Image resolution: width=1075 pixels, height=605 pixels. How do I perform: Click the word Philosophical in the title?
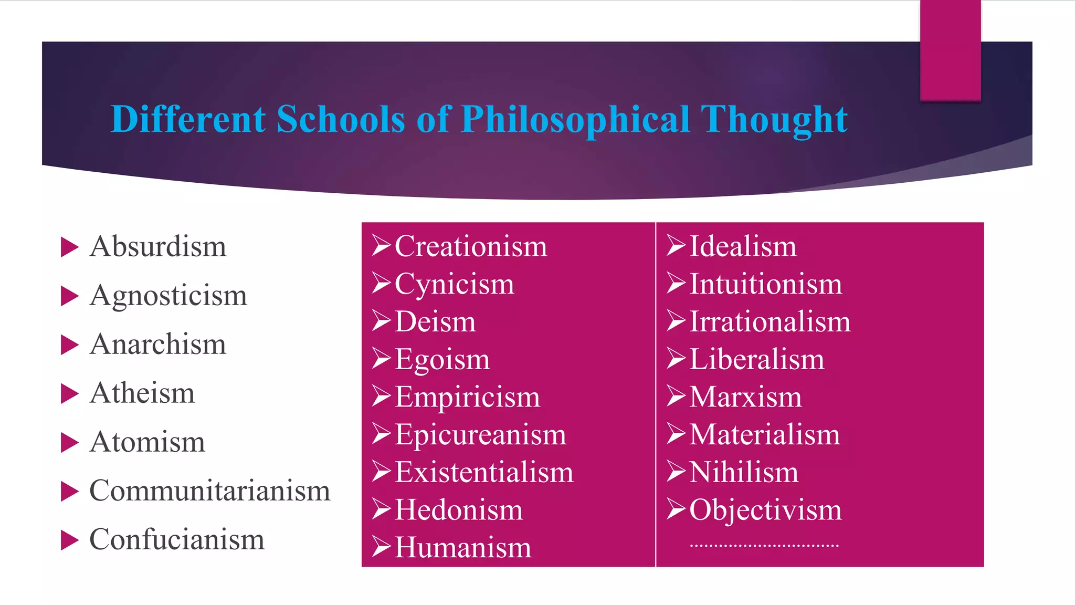pos(575,119)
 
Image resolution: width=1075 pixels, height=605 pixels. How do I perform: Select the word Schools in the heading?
pos(341,119)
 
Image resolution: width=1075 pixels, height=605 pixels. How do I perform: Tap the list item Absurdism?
pos(158,246)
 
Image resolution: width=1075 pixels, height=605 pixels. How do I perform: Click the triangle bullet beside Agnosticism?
pos(69,296)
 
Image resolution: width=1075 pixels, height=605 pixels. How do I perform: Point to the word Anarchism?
pos(158,345)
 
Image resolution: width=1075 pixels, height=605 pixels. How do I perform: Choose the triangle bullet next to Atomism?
pos(69,443)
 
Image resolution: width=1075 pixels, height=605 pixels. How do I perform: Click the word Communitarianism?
pos(210,491)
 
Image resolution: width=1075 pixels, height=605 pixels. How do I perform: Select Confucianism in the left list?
pos(177,540)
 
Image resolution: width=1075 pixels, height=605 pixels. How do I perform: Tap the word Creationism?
pos(471,246)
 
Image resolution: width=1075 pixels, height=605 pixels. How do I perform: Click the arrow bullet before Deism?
pos(382,321)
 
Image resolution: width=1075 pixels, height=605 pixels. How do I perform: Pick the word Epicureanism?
pos(480,435)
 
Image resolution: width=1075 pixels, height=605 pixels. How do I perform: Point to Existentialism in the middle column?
pos(484,472)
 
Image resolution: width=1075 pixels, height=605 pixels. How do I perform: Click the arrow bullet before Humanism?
pos(382,547)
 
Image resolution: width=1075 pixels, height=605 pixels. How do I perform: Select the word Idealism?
pos(743,246)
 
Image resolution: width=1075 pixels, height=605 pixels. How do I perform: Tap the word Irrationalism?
pos(770,321)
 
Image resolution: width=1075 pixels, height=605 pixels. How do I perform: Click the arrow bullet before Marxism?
pos(677,396)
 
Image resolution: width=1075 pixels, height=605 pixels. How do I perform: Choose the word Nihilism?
pos(744,472)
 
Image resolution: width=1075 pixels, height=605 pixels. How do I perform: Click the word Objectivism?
pos(765,510)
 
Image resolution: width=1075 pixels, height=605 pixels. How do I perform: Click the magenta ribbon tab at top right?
pos(950,50)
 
